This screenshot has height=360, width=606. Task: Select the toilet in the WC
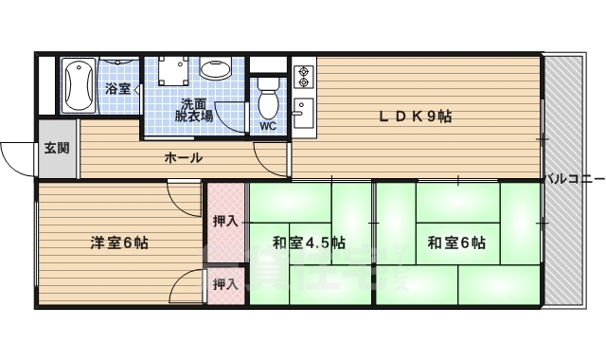click(x=269, y=99)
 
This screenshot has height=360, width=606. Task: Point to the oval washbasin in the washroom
click(x=216, y=71)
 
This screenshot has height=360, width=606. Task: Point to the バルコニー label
click(x=574, y=177)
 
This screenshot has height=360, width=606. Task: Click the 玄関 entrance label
click(x=56, y=148)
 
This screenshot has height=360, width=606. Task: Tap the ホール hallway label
click(x=184, y=158)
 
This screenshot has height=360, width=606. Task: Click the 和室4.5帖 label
click(x=309, y=243)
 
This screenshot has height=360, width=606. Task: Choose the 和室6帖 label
click(x=456, y=243)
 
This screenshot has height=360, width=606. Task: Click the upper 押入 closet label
click(x=225, y=222)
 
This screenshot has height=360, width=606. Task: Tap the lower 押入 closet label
click(x=225, y=284)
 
